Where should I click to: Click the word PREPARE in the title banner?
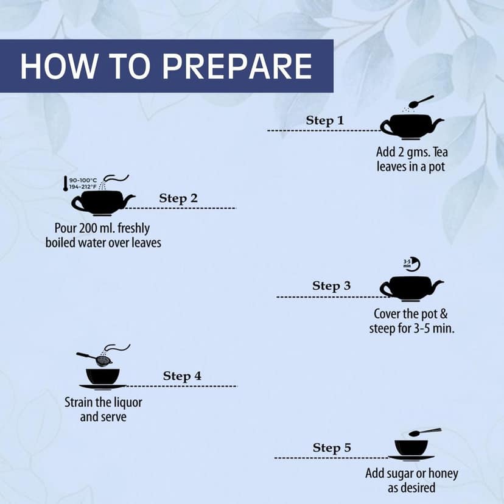[x=237, y=66]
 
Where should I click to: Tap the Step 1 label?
[x=324, y=121]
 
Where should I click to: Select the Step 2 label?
[x=178, y=198]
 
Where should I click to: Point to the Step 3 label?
[x=331, y=285]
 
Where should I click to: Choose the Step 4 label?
[x=182, y=376]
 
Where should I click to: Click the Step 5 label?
[x=332, y=448]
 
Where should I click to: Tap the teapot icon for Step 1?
[x=411, y=127]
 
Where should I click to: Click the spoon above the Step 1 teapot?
[x=421, y=101]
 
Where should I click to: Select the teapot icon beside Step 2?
[x=103, y=203]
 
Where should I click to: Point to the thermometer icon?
[x=66, y=184]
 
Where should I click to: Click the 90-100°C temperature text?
[x=83, y=180]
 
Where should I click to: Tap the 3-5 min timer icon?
[x=412, y=264]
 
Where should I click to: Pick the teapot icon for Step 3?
[x=411, y=289]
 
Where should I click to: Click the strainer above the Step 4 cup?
[x=94, y=358]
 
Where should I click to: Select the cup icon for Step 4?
[x=103, y=379]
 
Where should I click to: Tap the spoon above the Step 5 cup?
[x=425, y=432]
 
